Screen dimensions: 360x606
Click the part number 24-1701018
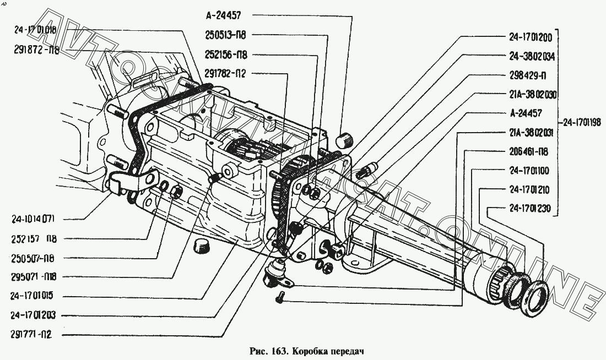[35, 31]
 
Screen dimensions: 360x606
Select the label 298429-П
[527, 75]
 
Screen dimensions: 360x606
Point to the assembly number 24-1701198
[583, 122]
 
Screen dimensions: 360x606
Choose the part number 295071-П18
[34, 276]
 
